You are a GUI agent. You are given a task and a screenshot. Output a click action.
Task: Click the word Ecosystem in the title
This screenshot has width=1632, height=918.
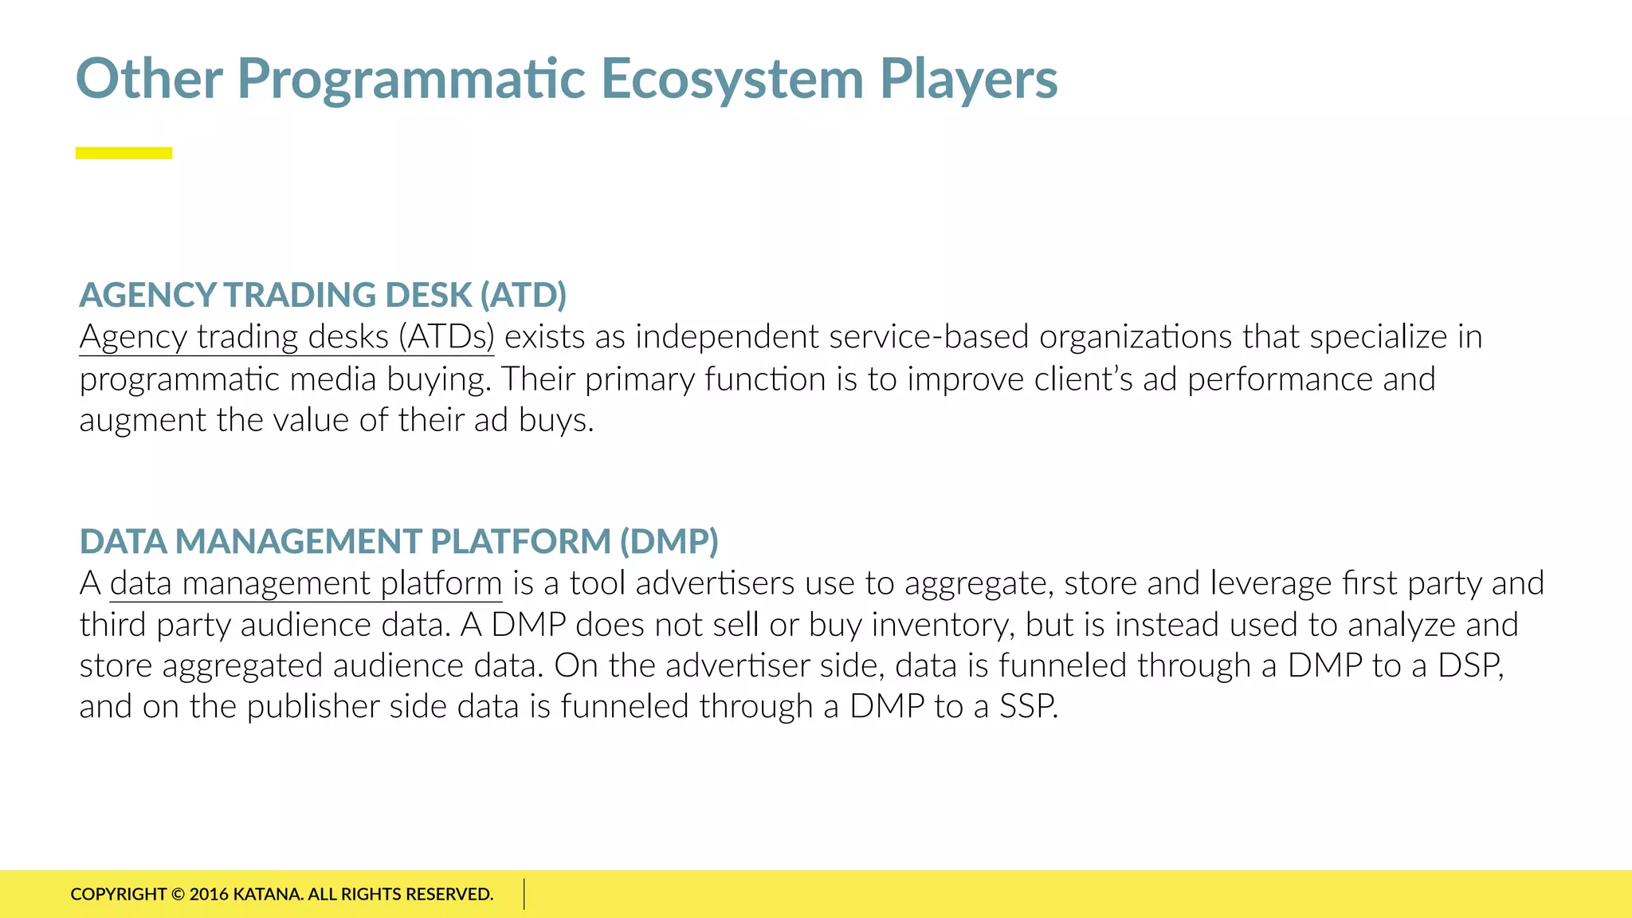pyautogui.click(x=732, y=80)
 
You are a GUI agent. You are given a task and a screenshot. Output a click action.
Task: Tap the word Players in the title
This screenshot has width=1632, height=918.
pyautogui.click(x=968, y=80)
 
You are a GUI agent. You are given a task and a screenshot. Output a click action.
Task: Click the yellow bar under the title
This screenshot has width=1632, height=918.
pyautogui.click(x=124, y=153)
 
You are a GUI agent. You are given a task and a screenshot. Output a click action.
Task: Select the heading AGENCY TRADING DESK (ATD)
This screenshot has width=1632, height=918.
pyautogui.click(x=323, y=295)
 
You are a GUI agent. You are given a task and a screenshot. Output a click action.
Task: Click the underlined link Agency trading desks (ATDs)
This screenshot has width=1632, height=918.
pyautogui.click(x=287, y=337)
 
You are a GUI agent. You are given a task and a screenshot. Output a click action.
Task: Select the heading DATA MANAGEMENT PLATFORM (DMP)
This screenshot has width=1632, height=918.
pyautogui.click(x=398, y=542)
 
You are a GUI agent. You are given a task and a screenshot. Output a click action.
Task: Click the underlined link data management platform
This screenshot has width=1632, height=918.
pyautogui.click(x=306, y=583)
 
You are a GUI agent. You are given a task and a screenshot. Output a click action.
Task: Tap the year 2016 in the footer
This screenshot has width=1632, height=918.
pyautogui.click(x=209, y=894)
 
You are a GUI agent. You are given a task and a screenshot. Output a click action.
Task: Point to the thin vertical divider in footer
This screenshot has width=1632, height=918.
pyautogui.click(x=524, y=894)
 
